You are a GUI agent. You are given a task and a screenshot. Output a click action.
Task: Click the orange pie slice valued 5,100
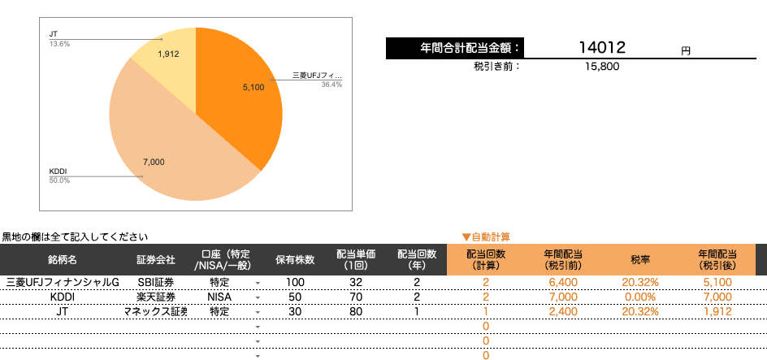244,89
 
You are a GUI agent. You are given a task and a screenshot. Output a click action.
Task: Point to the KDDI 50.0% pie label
59,180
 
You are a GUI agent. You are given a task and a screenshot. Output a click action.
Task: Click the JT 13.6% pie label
59,44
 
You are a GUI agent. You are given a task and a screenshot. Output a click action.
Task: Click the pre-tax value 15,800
602,67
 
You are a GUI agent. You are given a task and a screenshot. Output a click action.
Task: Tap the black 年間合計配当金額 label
455,49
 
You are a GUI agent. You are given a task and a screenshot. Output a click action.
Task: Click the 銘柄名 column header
63,260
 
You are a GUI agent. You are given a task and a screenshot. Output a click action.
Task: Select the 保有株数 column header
294,260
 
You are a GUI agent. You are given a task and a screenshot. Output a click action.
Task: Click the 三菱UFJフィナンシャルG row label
63,282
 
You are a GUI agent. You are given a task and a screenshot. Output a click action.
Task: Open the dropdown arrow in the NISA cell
258,297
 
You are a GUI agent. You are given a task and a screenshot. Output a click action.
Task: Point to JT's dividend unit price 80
355,311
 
